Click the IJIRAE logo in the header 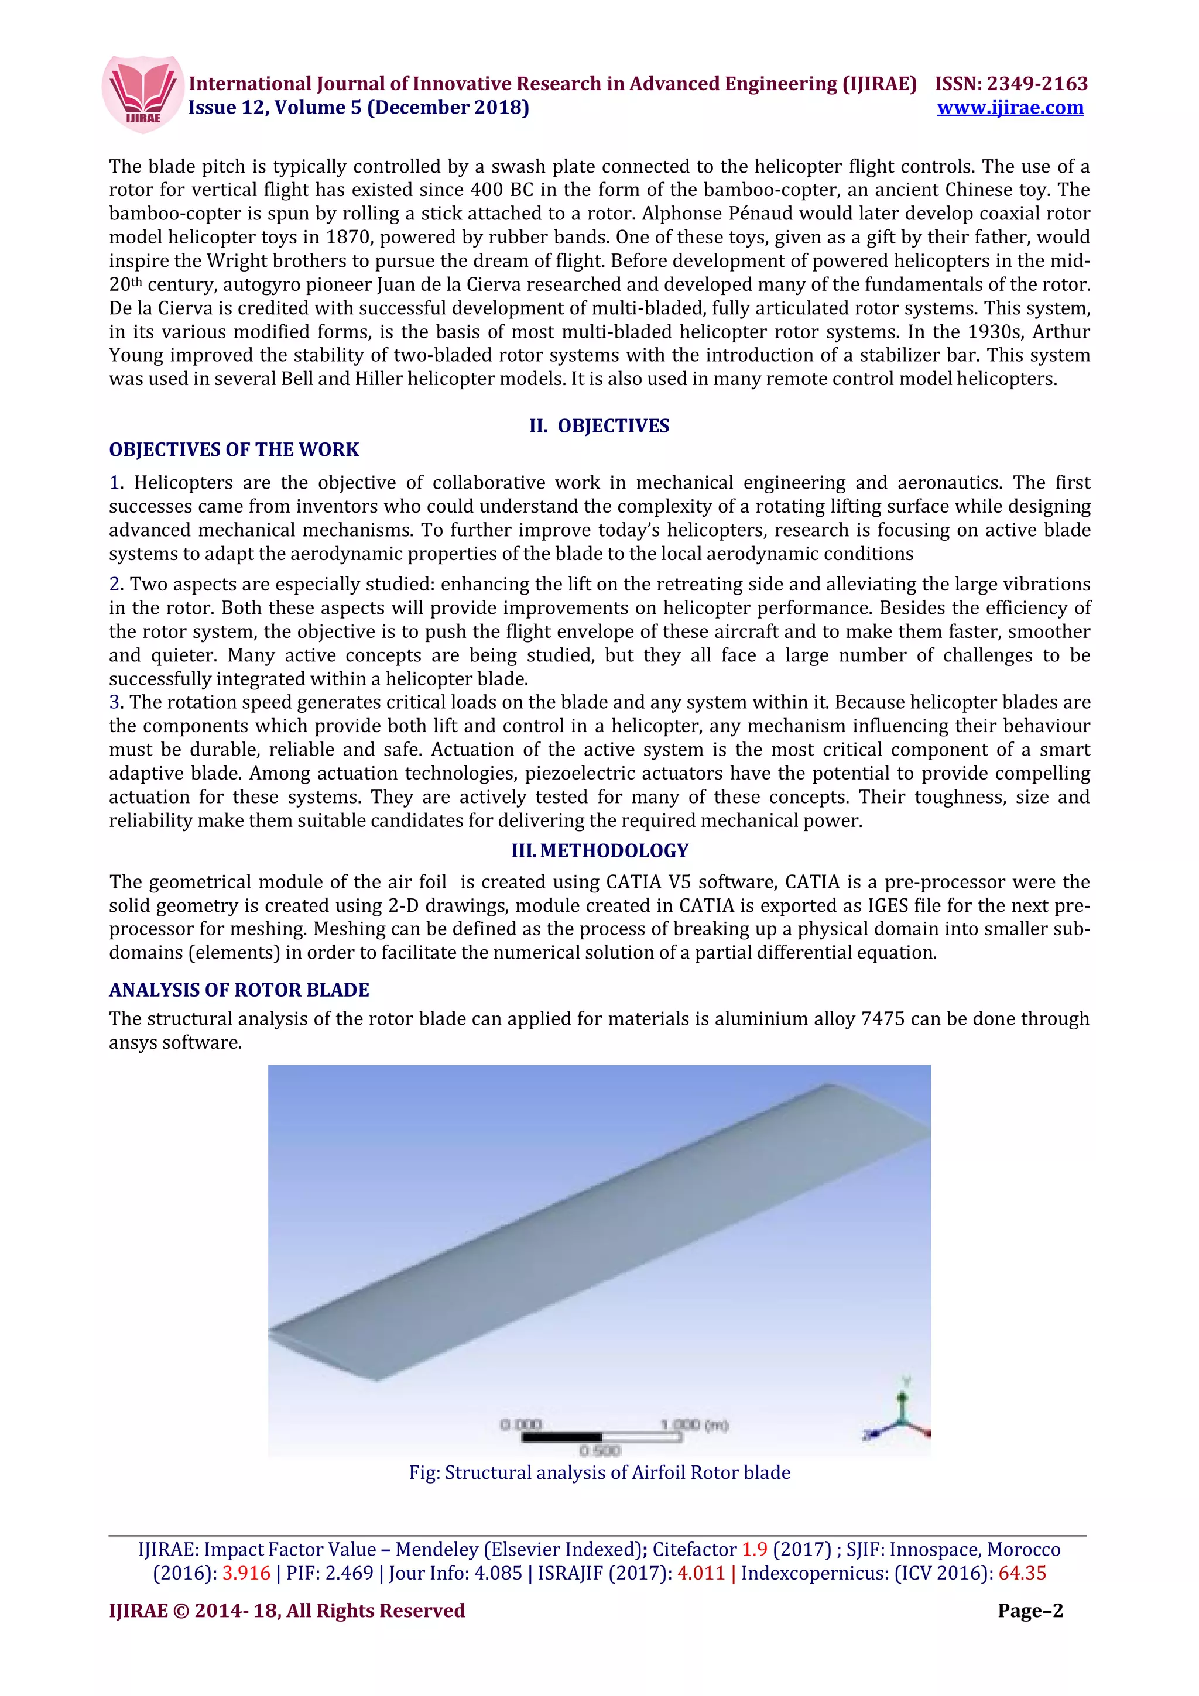143,94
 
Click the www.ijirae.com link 1010,108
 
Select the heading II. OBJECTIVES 599,426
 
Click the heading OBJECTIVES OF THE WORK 234,450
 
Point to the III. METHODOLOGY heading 599,851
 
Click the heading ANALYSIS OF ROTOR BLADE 239,990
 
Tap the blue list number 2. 115,584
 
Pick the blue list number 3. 115,702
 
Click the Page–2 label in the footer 1030,1611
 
